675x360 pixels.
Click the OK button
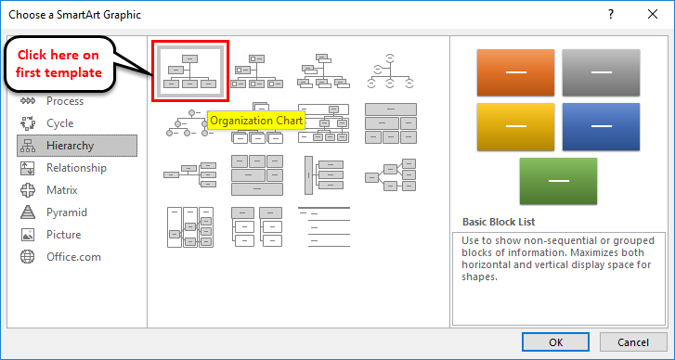click(x=555, y=341)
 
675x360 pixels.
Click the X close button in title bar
click(x=654, y=15)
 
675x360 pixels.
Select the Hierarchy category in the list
click(x=76, y=146)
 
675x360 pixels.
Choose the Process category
click(x=64, y=101)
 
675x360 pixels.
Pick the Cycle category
click(x=59, y=123)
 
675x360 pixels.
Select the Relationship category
click(x=76, y=168)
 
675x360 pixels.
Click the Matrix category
click(x=63, y=190)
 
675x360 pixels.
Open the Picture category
click(x=63, y=235)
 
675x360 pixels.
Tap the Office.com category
click(x=73, y=257)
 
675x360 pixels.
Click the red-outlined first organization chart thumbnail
click(x=189, y=71)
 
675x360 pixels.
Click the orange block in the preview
click(x=515, y=71)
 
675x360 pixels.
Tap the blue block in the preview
click(x=601, y=126)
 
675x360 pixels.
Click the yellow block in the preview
click(x=515, y=126)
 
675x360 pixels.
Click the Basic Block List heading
click(x=499, y=222)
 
